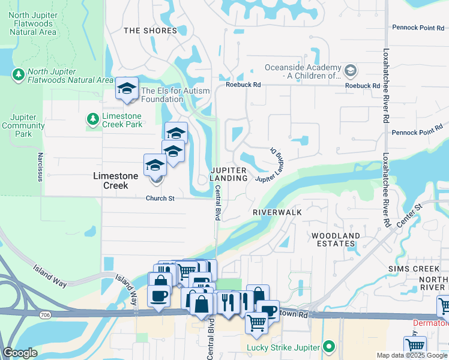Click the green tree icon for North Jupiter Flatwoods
[19, 74]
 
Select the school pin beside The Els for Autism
[127, 90]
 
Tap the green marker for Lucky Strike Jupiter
[329, 347]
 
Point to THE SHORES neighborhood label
[150, 31]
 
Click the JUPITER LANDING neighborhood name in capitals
[229, 175]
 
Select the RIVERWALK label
[277, 212]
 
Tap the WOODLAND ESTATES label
[336, 240]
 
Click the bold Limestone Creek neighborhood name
[115, 181]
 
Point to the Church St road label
[160, 199]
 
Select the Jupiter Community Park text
[23, 126]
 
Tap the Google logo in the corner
[20, 353]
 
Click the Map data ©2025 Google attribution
[412, 355]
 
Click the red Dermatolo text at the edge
[431, 323]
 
